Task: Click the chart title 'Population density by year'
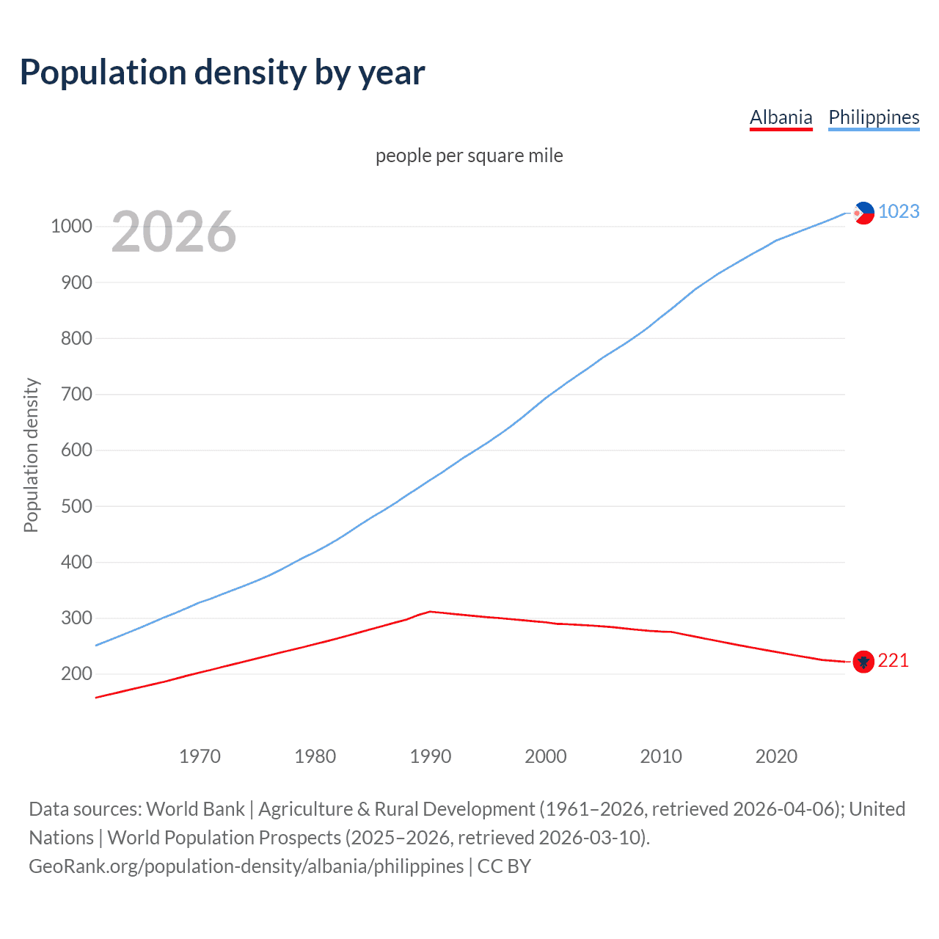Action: pyautogui.click(x=222, y=73)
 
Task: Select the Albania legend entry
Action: pyautogui.click(x=781, y=117)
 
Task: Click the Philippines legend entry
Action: pyautogui.click(x=873, y=117)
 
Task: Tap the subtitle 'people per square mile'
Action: pyautogui.click(x=469, y=156)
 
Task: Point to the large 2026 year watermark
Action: pyautogui.click(x=174, y=232)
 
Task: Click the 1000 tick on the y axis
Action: pyautogui.click(x=71, y=226)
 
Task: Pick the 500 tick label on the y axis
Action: pyautogui.click(x=76, y=506)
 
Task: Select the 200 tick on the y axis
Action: pyautogui.click(x=76, y=673)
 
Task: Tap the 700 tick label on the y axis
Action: pyautogui.click(x=76, y=394)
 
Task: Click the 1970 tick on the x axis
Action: pyautogui.click(x=200, y=756)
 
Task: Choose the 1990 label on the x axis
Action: pyautogui.click(x=431, y=756)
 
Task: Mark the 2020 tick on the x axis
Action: pyautogui.click(x=776, y=756)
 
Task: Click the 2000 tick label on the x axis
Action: pyautogui.click(x=546, y=756)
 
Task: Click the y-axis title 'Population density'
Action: pyautogui.click(x=31, y=455)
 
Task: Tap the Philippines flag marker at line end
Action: pyautogui.click(x=863, y=213)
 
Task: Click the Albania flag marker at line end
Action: pyautogui.click(x=863, y=662)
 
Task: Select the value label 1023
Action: pyautogui.click(x=899, y=211)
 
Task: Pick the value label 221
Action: pyautogui.click(x=893, y=661)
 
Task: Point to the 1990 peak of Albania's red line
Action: pyautogui.click(x=431, y=611)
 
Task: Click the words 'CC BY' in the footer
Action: pyautogui.click(x=504, y=866)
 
